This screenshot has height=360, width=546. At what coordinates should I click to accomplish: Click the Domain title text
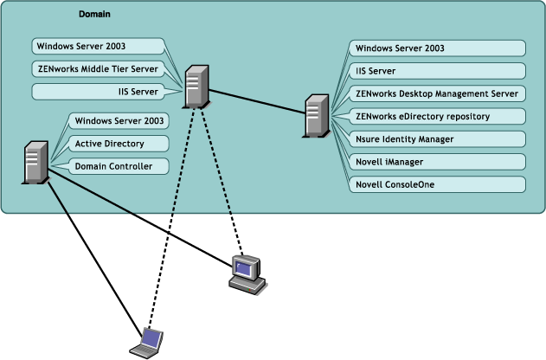94,15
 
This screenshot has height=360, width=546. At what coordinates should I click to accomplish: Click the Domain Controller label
113,165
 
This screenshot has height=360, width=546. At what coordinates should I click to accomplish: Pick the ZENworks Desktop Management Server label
437,93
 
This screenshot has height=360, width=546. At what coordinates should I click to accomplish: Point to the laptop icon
146,343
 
